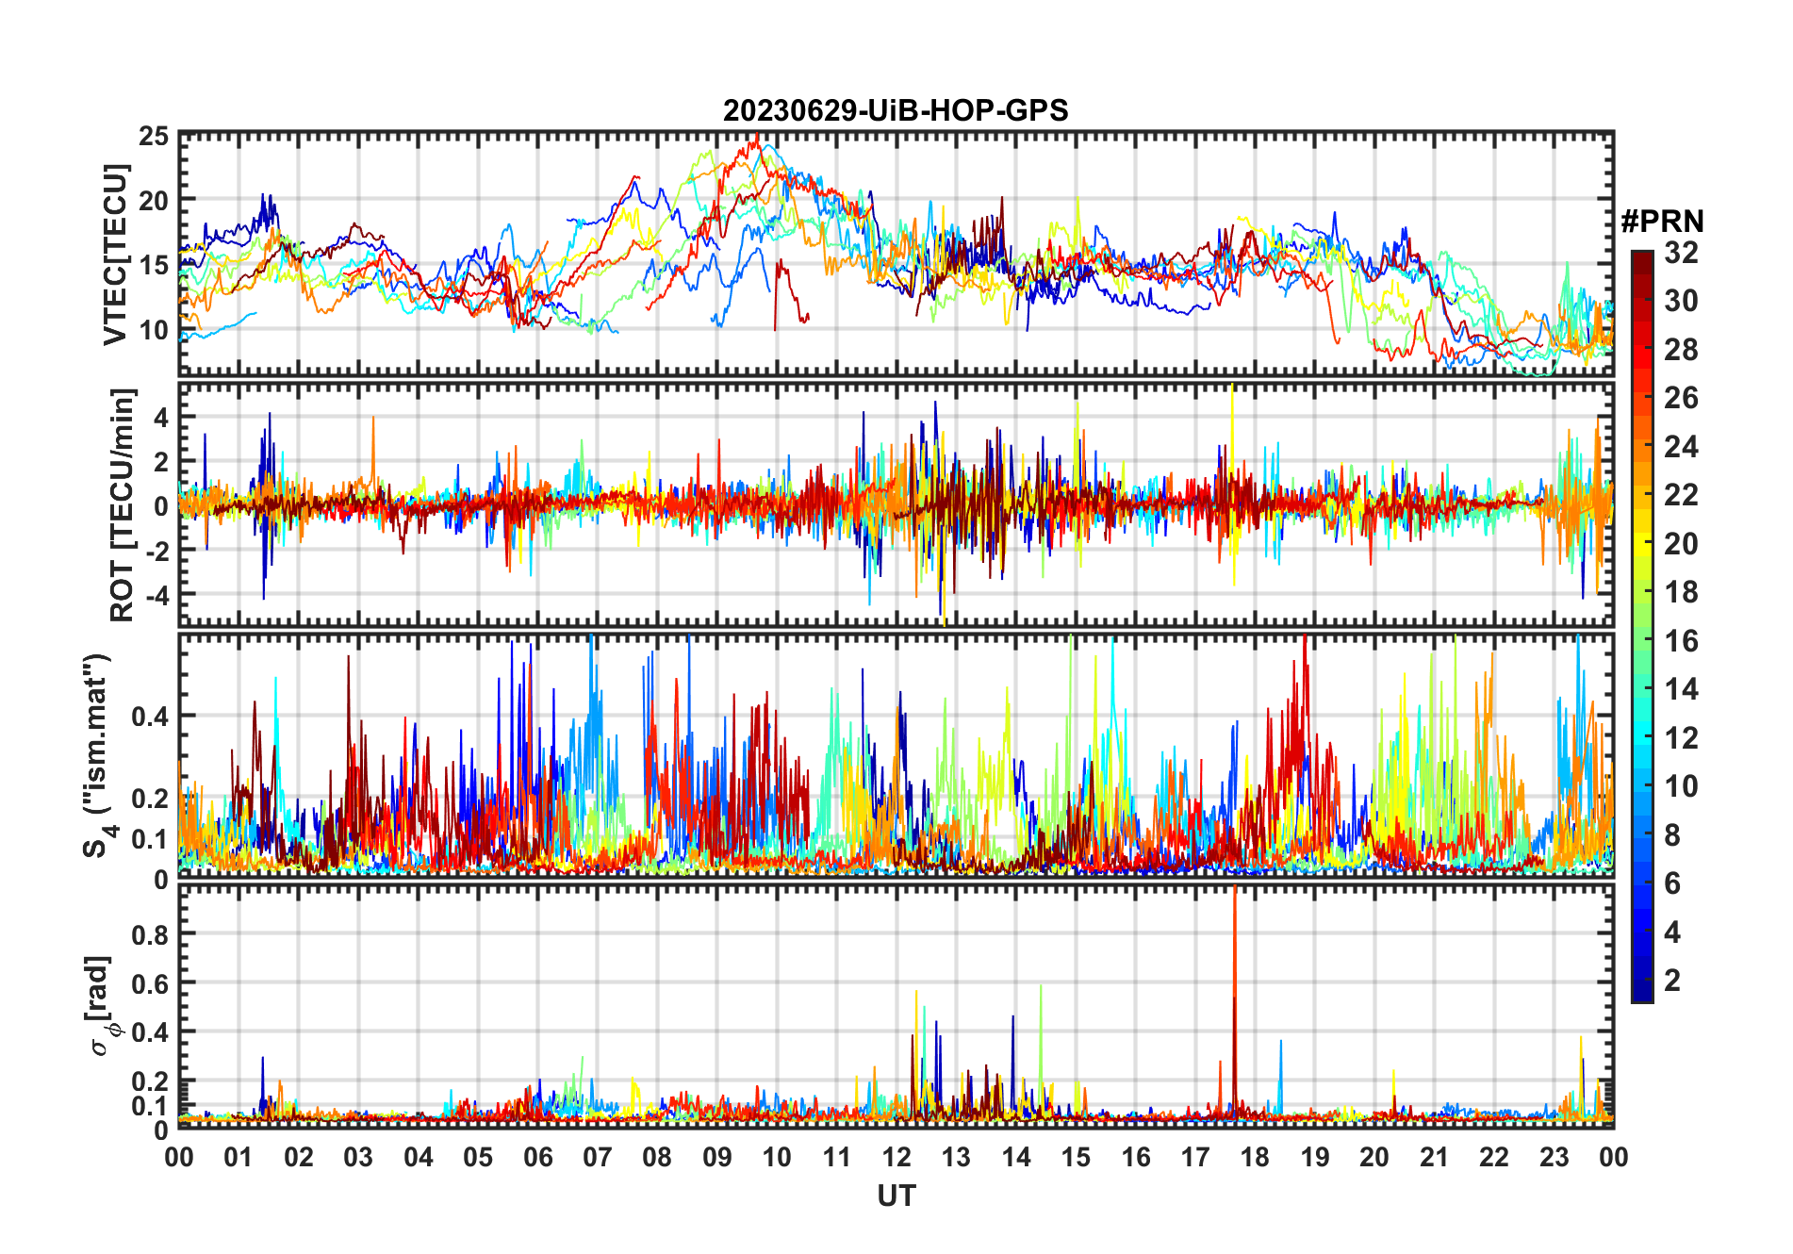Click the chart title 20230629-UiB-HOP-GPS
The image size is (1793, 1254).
pos(896,111)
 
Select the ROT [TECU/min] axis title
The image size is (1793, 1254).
pos(122,504)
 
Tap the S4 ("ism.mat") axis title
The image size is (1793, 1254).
pos(98,755)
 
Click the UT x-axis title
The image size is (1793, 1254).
pos(896,1196)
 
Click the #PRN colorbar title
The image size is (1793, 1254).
pos(1662,222)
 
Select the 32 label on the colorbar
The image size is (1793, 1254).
pos(1681,253)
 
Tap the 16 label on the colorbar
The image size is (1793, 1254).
pos(1681,641)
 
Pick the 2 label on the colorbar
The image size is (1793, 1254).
pos(1672,981)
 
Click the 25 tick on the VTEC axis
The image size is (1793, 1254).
pos(154,137)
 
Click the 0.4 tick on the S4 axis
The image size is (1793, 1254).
pos(150,716)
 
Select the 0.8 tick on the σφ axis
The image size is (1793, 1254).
pos(150,934)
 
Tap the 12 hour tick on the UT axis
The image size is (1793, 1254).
pos(896,1158)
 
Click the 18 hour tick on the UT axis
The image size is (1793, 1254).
pos(1255,1158)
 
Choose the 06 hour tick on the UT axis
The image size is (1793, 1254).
pos(538,1158)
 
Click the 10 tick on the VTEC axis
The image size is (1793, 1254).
pos(154,330)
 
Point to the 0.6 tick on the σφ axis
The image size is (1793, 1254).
pos(150,983)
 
